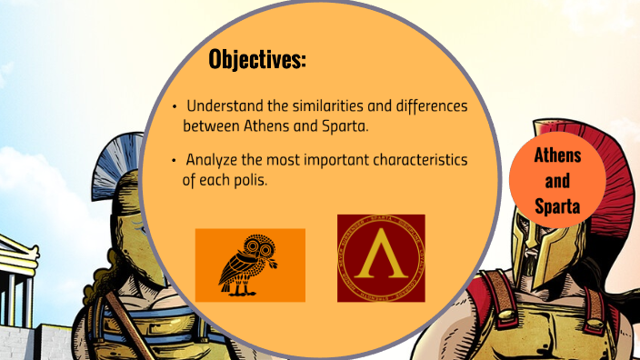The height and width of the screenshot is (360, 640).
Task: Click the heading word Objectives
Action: [257, 60]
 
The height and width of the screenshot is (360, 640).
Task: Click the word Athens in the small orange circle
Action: [557, 155]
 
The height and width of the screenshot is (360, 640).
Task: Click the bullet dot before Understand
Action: [175, 107]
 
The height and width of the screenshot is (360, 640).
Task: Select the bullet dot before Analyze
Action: [175, 161]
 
